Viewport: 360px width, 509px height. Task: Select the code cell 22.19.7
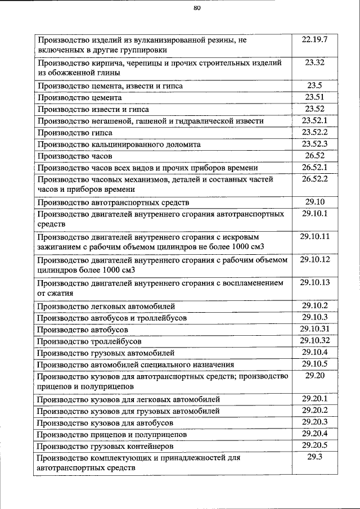point(314,40)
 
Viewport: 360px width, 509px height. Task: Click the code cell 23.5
point(314,85)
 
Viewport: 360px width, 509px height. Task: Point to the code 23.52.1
point(314,120)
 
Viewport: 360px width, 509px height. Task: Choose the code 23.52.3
point(314,144)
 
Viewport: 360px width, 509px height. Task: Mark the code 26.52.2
point(314,179)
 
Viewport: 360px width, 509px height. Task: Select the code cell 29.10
point(314,202)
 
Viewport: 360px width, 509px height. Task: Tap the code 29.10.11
point(314,236)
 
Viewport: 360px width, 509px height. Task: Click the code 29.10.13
point(314,282)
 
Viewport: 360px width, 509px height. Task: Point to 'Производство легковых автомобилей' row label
point(106,307)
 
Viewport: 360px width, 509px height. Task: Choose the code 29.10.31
point(314,329)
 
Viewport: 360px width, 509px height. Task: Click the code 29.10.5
point(314,364)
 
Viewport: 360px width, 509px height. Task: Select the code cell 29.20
point(314,376)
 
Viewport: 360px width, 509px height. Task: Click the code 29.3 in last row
point(314,457)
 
